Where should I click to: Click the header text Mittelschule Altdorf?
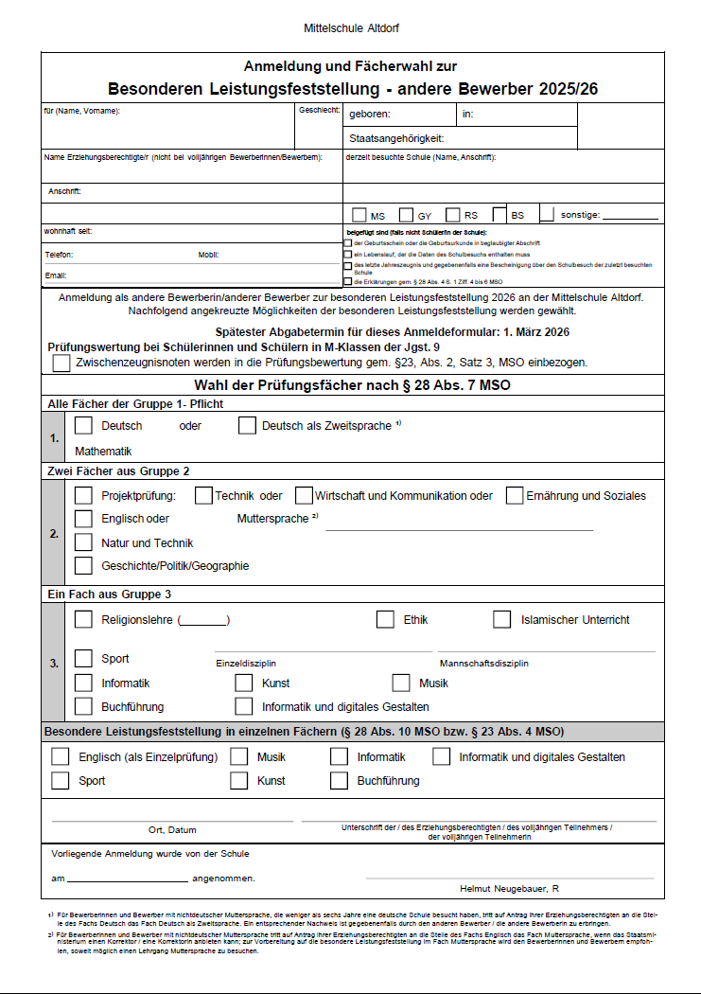coord(350,29)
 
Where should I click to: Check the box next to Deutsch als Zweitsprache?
coord(247,425)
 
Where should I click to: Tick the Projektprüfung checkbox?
coord(83,495)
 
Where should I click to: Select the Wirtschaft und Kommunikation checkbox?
coord(304,495)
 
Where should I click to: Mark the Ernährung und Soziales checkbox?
coord(515,495)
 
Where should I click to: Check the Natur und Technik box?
coord(83,542)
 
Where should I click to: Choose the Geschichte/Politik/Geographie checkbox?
coord(83,566)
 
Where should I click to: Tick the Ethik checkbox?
coord(385,619)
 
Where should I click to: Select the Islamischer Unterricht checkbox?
coord(502,619)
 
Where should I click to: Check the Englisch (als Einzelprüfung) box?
coord(61,756)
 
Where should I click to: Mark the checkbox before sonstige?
coord(547,215)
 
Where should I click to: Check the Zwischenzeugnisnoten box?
coord(61,362)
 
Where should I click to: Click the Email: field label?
coord(56,275)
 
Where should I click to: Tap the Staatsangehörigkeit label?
coord(396,138)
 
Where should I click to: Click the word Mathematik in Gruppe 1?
coord(103,452)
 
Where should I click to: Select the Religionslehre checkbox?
coord(83,619)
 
